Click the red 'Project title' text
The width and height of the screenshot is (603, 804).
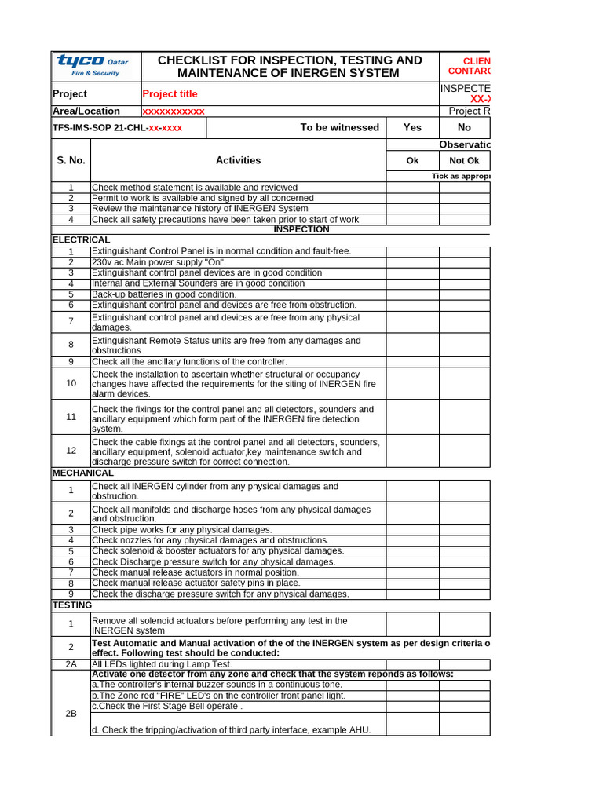(x=170, y=93)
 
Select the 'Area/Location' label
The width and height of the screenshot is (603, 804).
(x=86, y=111)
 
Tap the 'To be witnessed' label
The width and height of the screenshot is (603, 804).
(x=339, y=127)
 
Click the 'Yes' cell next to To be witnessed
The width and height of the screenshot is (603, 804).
(x=412, y=127)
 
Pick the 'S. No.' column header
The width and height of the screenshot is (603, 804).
(x=71, y=160)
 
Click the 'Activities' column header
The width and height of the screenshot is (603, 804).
(x=238, y=160)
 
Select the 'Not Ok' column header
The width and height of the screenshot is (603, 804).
(x=464, y=160)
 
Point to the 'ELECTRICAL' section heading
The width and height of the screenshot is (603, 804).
(x=82, y=239)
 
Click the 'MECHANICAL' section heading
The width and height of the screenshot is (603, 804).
(x=83, y=473)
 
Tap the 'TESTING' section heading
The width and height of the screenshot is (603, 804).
(x=72, y=605)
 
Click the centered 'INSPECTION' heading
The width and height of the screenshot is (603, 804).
(x=301, y=229)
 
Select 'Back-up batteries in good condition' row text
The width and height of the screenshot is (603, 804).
(x=170, y=294)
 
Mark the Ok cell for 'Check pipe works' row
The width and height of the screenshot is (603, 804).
(x=412, y=530)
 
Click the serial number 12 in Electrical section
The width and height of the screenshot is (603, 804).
(x=71, y=450)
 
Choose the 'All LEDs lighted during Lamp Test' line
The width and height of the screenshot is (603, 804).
(x=162, y=663)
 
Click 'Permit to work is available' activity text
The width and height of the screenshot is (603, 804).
(x=203, y=198)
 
